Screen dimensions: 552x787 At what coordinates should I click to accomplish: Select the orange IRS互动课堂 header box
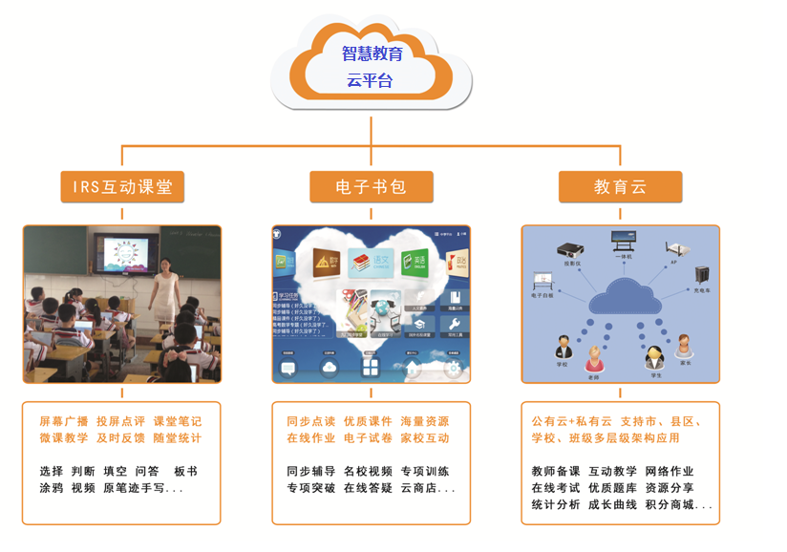122,187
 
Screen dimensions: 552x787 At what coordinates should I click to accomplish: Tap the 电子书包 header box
371,187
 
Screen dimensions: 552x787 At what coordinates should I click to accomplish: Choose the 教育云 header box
620,187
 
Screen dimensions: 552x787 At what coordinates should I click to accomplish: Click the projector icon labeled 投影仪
570,250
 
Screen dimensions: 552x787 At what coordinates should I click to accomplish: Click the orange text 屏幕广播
64,421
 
